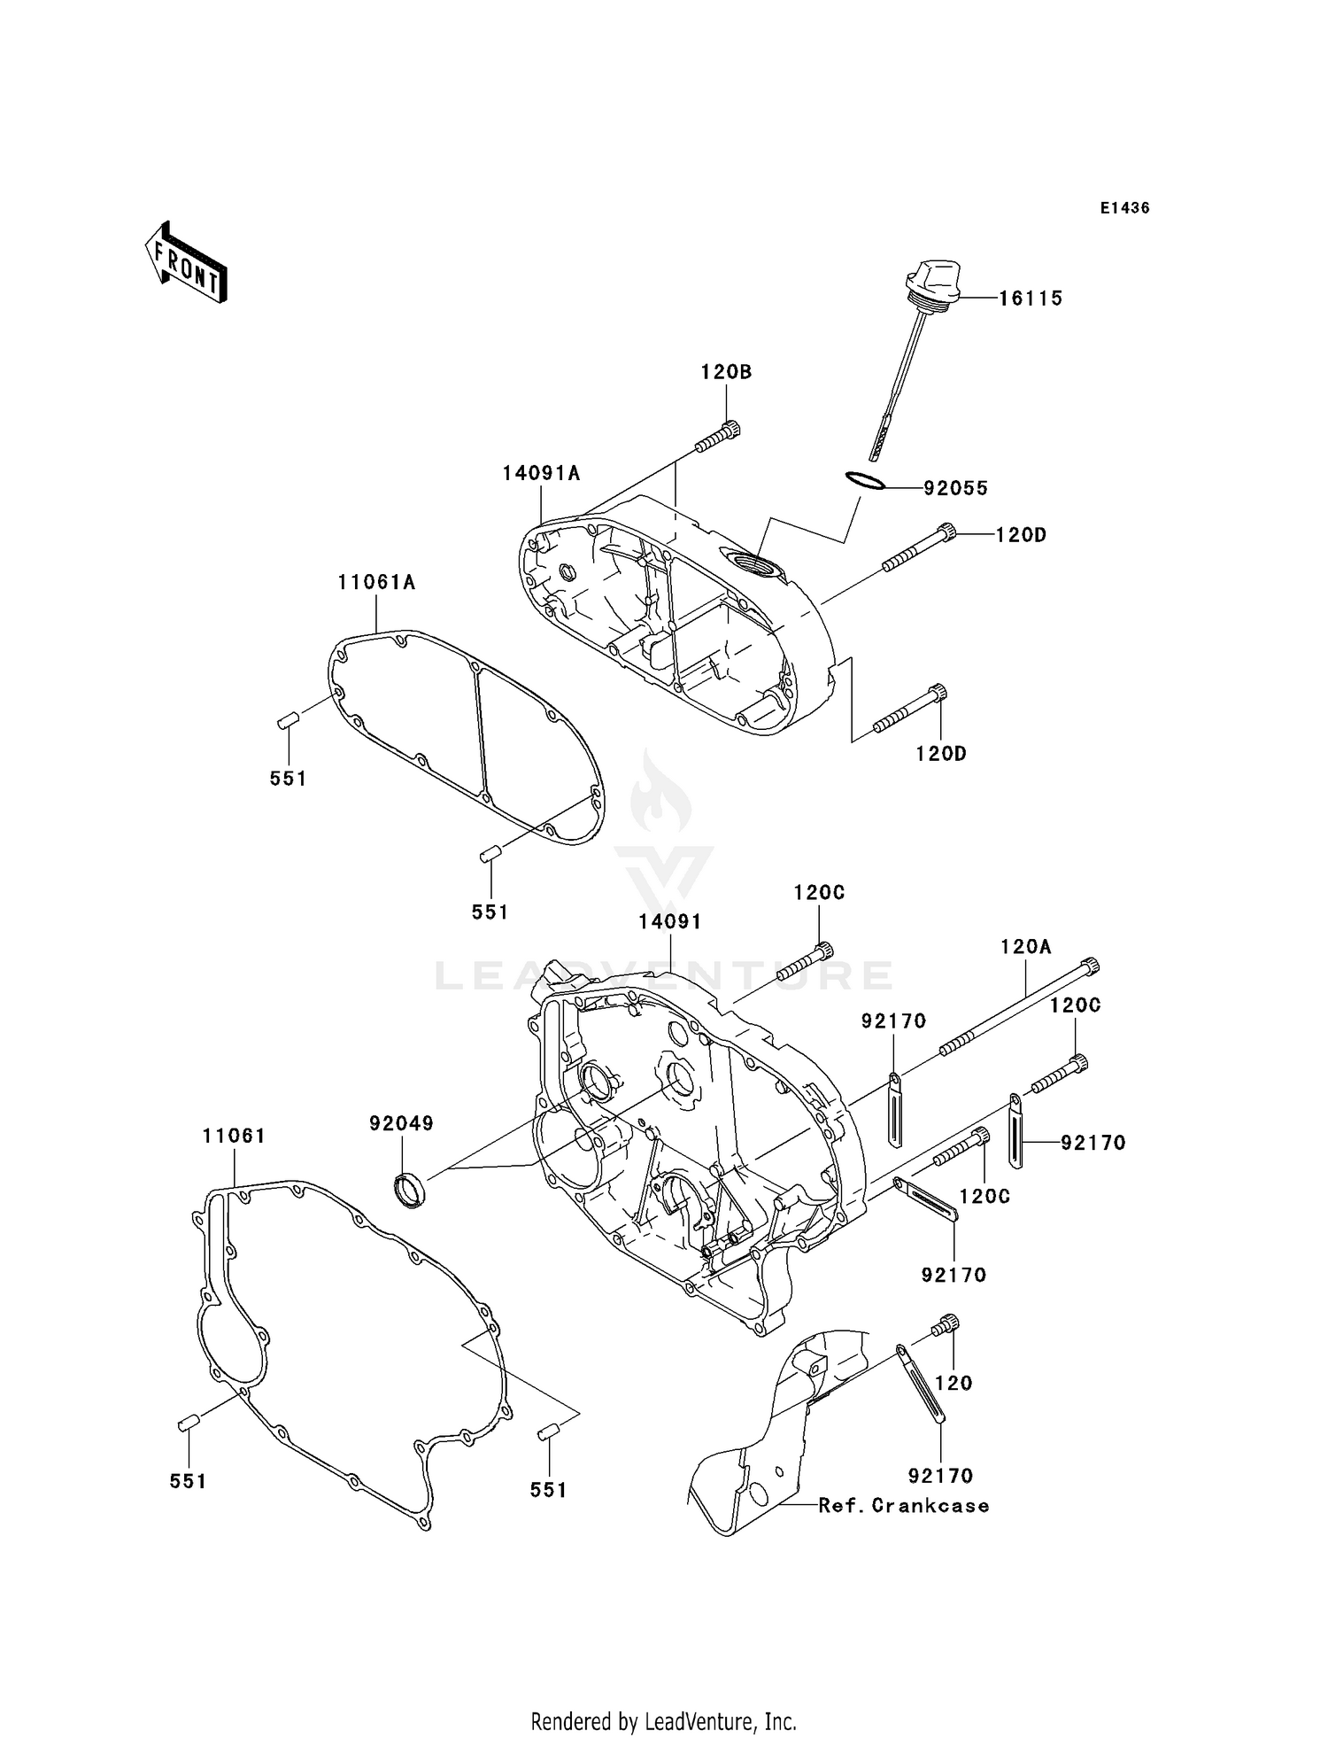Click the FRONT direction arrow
coord(187,264)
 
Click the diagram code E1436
coord(1124,208)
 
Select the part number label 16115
coord(1031,299)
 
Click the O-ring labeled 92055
coord(864,480)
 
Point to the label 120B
coord(726,372)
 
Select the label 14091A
coord(541,474)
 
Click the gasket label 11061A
coord(376,583)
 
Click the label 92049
coord(401,1124)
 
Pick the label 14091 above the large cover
coord(670,922)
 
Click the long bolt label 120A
coord(1026,947)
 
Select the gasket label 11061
coord(234,1136)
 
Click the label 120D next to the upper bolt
coord(1021,535)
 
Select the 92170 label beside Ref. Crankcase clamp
coord(940,1476)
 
